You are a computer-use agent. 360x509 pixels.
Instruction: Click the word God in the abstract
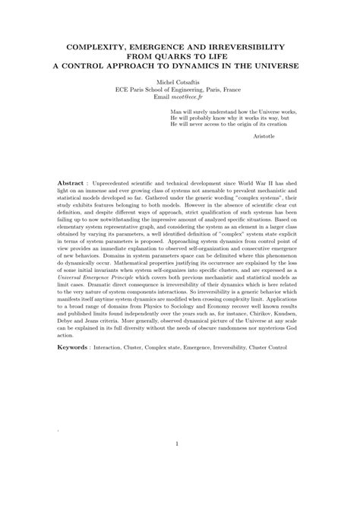294,331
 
